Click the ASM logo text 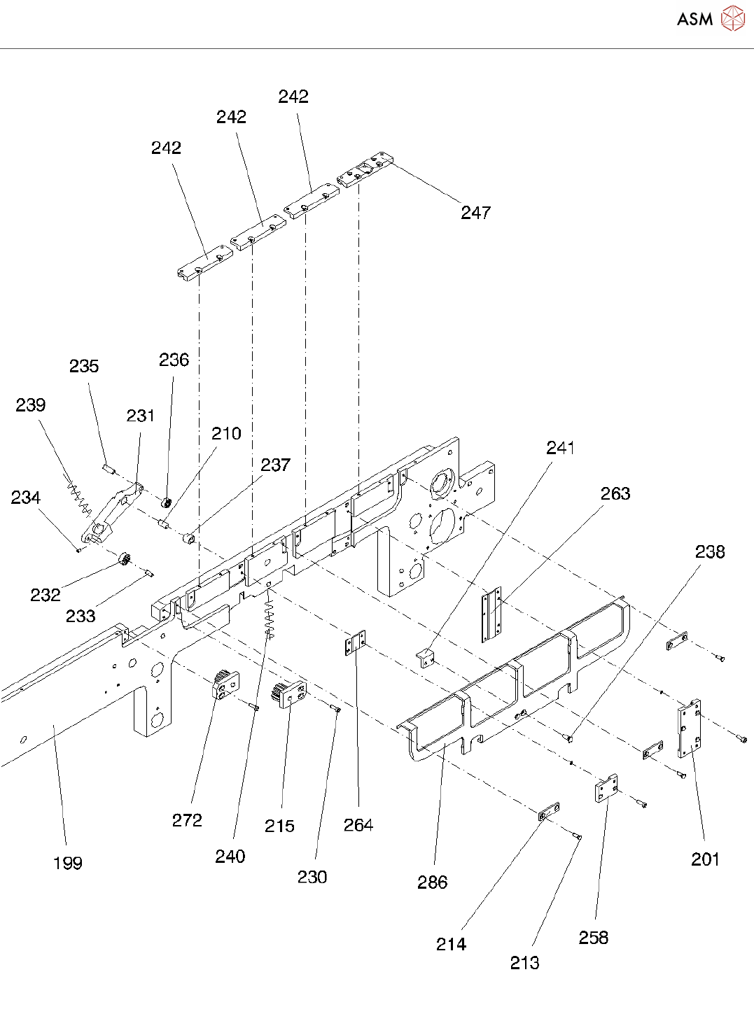(x=694, y=20)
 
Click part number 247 (x=475, y=213)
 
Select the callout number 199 (x=68, y=863)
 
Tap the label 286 (x=432, y=882)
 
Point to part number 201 (x=705, y=859)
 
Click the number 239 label (x=31, y=405)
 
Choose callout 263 (x=615, y=494)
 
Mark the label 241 (x=560, y=448)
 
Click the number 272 (x=187, y=820)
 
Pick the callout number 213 (x=524, y=964)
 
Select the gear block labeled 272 (x=225, y=685)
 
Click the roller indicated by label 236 (x=167, y=503)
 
